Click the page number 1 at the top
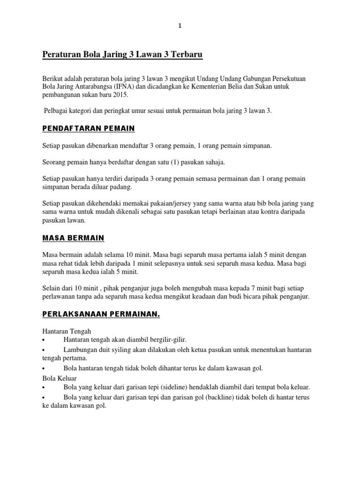click(180, 26)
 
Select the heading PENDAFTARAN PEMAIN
click(89, 128)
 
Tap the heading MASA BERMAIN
click(73, 238)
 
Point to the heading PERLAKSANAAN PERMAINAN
click(101, 315)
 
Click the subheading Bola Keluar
click(59, 378)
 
